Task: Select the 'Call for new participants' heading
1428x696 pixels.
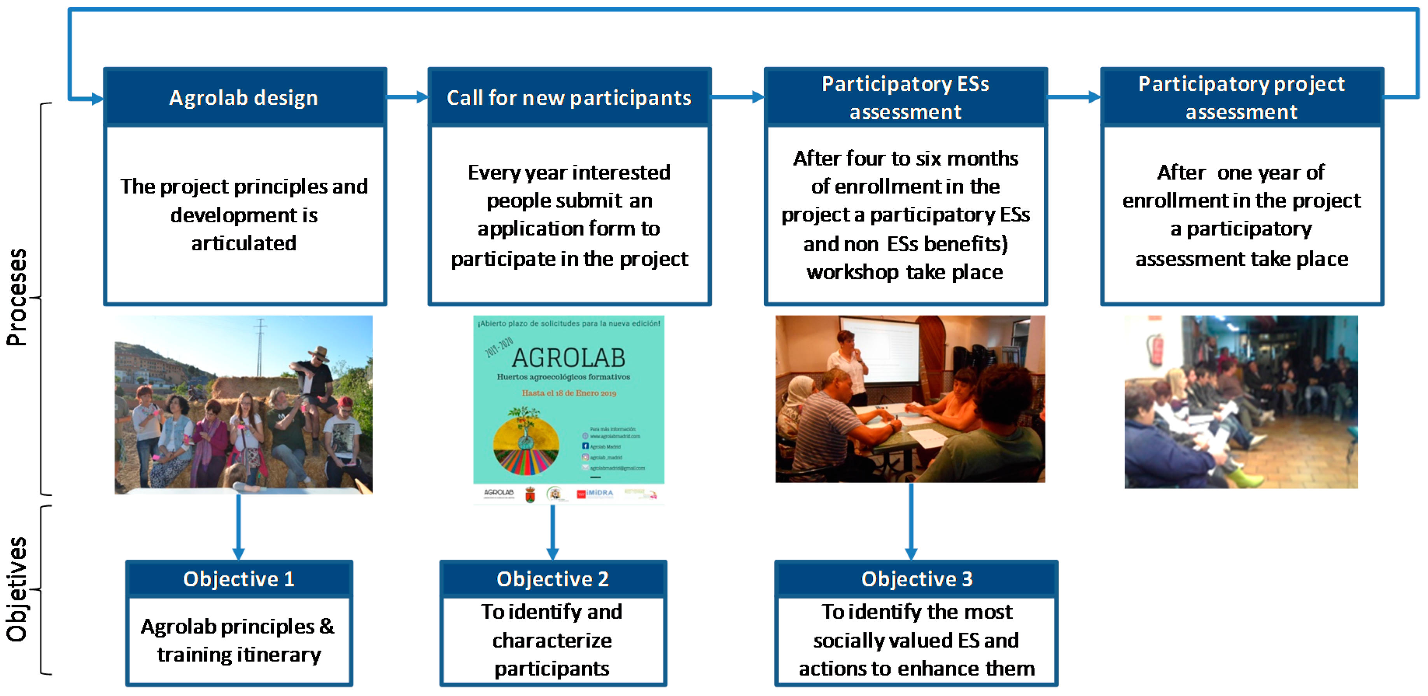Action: pos(569,98)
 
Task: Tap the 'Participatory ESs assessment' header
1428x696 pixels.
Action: pos(905,98)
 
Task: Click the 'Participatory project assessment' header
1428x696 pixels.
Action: pos(1241,98)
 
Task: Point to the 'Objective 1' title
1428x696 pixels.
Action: pos(238,579)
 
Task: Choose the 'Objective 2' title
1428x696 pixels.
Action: pos(553,579)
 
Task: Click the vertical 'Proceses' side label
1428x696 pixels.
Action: pos(17,298)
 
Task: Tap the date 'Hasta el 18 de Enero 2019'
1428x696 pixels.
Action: pos(569,393)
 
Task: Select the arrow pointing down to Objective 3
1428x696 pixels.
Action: pos(911,521)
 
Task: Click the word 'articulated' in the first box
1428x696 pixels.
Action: pos(244,243)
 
